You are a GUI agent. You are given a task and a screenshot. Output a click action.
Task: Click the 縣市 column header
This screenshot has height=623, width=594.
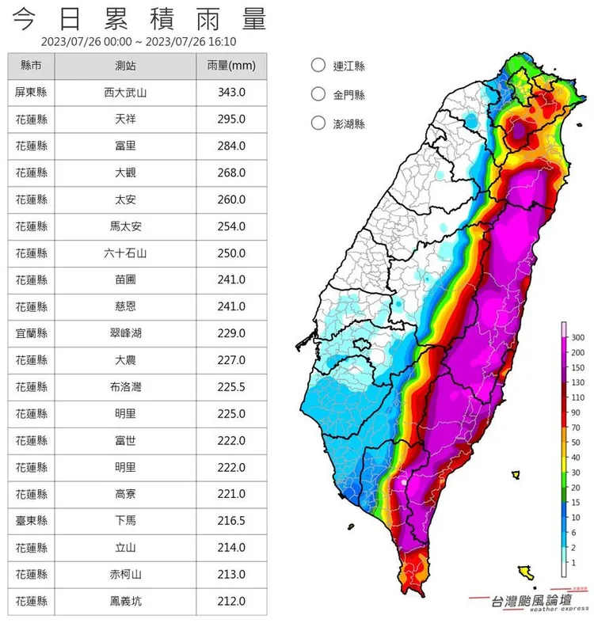32,66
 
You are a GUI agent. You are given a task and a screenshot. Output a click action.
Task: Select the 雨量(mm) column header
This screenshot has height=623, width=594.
231,66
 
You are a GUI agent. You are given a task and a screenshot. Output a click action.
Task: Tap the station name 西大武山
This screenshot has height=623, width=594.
125,93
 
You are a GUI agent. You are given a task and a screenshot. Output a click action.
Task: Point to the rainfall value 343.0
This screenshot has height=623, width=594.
231,93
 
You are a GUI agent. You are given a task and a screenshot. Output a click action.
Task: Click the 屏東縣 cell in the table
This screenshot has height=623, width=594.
32,93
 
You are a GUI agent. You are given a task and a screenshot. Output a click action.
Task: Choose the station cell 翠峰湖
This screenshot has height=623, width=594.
125,333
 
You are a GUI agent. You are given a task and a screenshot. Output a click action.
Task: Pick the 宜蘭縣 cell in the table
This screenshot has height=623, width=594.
32,333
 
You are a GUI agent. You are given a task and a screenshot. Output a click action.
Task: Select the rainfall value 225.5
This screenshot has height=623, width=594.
231,387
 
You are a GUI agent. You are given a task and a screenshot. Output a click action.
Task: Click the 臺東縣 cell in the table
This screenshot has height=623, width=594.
32,521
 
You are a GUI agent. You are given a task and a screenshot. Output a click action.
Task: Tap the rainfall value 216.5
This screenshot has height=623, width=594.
231,521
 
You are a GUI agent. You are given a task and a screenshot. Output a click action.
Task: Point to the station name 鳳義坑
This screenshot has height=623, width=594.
125,601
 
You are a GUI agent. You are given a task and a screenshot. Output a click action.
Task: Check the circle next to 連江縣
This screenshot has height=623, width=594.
318,66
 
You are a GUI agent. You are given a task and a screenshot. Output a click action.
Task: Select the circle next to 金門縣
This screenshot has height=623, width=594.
318,95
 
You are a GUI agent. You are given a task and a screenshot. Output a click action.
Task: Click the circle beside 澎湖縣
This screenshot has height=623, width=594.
318,123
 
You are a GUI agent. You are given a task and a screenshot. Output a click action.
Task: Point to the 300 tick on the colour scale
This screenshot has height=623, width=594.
577,337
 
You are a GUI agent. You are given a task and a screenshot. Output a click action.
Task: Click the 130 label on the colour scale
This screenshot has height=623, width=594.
577,382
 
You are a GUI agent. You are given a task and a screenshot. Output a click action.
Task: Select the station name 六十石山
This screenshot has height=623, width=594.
125,253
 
